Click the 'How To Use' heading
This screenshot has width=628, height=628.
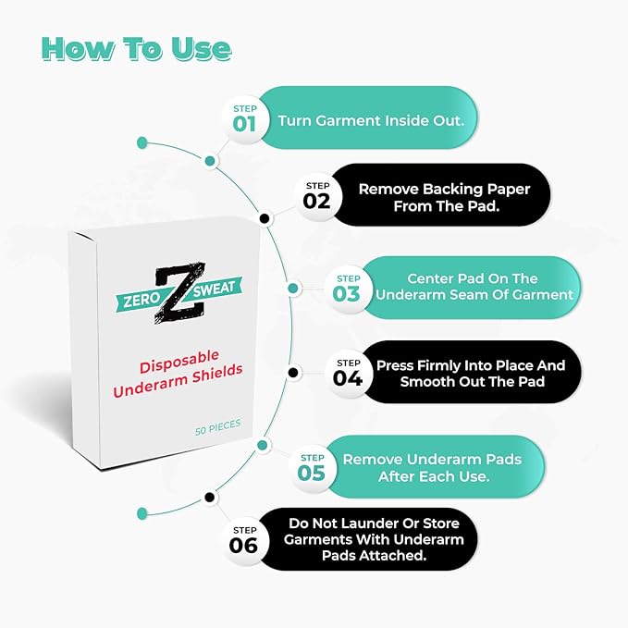pos(136,48)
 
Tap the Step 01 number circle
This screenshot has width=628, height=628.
pos(245,118)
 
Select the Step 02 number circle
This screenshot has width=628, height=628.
pos(316,195)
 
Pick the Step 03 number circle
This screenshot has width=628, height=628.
pos(348,289)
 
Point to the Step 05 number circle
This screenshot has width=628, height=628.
pos(312,467)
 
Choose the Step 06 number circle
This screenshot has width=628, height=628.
pos(243,539)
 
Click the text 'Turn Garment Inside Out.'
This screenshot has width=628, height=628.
pos(364,120)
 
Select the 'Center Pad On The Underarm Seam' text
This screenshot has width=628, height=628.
pos(478,287)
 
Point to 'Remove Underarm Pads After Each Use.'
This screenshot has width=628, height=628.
pos(432,468)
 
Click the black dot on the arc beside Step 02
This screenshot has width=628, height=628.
pos(265,219)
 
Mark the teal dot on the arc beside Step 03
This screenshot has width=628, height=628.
pos(293,288)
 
